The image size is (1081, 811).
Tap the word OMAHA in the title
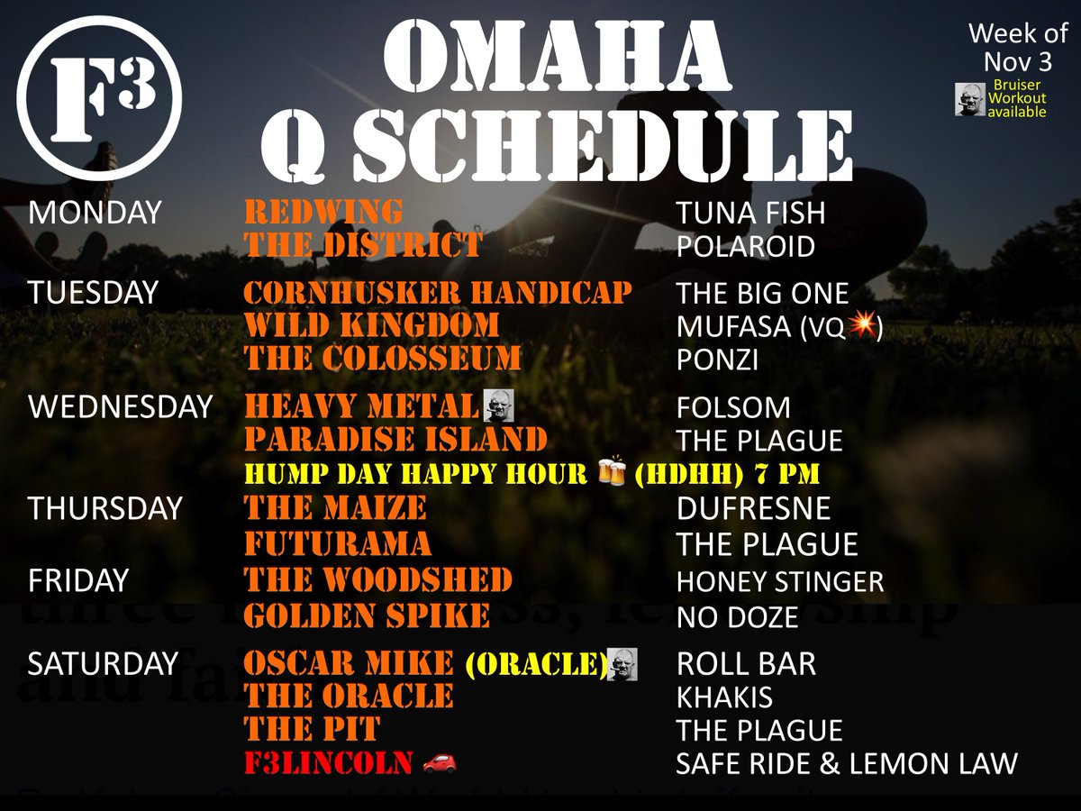(x=556, y=56)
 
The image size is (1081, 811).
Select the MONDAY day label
(x=95, y=213)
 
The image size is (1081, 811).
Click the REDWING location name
(x=323, y=213)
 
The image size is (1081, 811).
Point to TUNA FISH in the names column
(x=750, y=214)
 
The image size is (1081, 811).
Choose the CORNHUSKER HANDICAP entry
(x=438, y=294)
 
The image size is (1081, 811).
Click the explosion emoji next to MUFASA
(x=861, y=327)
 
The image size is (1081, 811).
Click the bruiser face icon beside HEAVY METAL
(x=497, y=405)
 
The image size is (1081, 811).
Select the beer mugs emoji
(x=612, y=472)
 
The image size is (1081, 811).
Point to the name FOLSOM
(x=733, y=407)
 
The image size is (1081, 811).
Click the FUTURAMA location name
(x=338, y=544)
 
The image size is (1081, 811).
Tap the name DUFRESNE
(x=753, y=508)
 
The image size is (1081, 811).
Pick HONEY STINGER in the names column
(x=780, y=582)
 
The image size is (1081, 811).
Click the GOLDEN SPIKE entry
(x=368, y=617)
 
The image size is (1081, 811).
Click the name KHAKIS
(x=724, y=697)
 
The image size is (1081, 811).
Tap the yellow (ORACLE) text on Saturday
(x=535, y=663)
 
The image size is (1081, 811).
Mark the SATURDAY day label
(x=103, y=663)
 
